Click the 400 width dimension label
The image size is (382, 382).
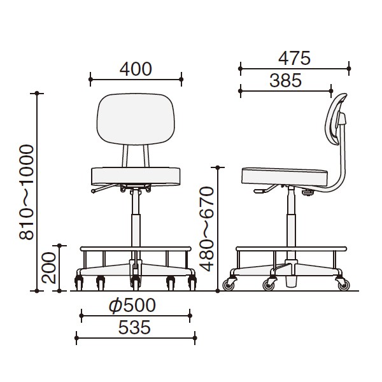136,69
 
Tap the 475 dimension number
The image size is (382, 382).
294,59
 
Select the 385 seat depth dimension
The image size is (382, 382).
285,81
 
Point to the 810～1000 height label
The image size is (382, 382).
26,192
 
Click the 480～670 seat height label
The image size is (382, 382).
206,229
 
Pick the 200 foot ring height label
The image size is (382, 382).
49,267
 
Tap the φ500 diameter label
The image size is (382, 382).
132,305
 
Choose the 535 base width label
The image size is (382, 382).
134,327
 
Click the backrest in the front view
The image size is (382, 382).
136,119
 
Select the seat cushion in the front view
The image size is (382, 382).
136,176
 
